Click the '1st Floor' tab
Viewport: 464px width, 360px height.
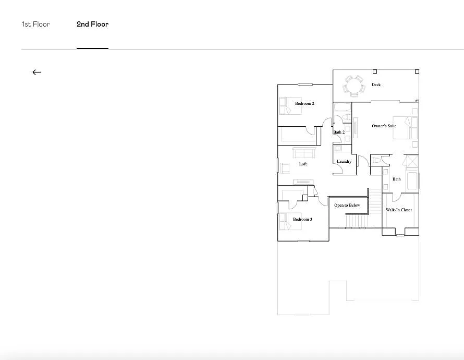tap(35, 25)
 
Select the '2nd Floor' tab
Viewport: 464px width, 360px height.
tap(92, 25)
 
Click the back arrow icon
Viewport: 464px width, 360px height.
tap(36, 73)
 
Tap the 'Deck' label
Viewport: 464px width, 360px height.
tap(376, 85)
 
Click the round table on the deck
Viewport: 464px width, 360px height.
tap(353, 85)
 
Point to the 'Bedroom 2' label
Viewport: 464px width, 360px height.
tap(304, 104)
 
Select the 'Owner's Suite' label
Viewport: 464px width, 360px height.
tap(384, 126)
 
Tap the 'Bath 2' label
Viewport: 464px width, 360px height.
tap(339, 133)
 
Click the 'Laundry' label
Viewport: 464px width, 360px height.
tap(344, 162)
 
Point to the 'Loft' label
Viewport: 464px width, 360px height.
tap(303, 164)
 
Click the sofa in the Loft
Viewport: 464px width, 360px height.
tap(303, 153)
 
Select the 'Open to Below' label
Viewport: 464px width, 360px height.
tap(347, 206)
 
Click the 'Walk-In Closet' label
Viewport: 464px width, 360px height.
tap(399, 210)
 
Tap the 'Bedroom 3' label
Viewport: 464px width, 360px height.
tap(302, 220)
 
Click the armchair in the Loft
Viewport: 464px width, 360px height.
tap(285, 167)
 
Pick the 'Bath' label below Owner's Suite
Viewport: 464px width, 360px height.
tap(397, 179)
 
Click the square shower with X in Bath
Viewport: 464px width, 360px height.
tap(411, 161)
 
